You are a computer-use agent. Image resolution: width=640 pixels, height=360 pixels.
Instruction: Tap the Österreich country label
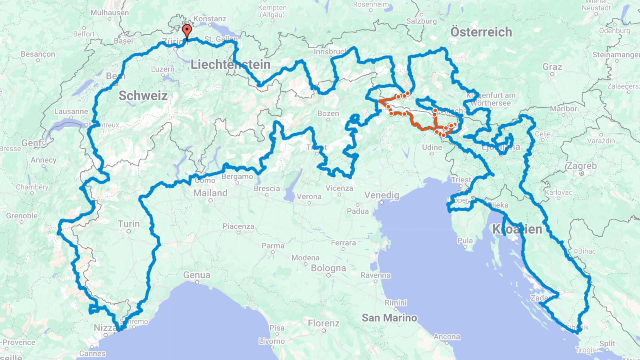[x=481, y=32]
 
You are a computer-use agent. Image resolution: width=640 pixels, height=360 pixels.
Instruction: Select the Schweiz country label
[x=143, y=96]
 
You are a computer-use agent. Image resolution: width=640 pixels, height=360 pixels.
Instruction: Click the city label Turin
[x=129, y=224]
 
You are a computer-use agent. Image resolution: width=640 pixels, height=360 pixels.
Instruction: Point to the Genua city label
[x=196, y=275]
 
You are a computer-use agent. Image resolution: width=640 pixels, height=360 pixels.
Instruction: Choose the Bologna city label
[x=328, y=268]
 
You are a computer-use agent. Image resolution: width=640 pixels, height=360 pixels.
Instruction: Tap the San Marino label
[x=389, y=318]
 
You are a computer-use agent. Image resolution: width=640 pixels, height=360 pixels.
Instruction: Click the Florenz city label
[x=324, y=323]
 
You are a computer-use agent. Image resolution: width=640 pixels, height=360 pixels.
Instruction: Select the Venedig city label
[x=382, y=195]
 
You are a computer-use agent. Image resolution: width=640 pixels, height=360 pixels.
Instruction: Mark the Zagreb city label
[x=581, y=166]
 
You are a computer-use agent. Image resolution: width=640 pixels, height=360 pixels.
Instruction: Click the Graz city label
[x=552, y=67]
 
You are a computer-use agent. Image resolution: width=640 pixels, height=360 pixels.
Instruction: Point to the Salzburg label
[x=421, y=21]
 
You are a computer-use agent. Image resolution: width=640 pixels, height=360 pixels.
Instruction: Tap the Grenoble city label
[x=22, y=216]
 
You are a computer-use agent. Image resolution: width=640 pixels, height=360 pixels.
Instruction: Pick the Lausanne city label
[x=71, y=112]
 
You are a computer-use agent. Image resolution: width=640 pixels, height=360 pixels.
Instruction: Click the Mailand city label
[x=210, y=193]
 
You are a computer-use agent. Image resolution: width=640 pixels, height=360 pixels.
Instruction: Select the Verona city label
[x=309, y=197]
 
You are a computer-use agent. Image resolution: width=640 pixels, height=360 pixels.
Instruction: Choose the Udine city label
[x=432, y=148]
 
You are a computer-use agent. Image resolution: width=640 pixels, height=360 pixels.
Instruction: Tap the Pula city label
[x=465, y=241]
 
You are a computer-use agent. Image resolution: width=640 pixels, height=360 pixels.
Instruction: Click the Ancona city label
[x=447, y=337]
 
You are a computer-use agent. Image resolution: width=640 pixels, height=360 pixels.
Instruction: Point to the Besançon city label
[x=38, y=54]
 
